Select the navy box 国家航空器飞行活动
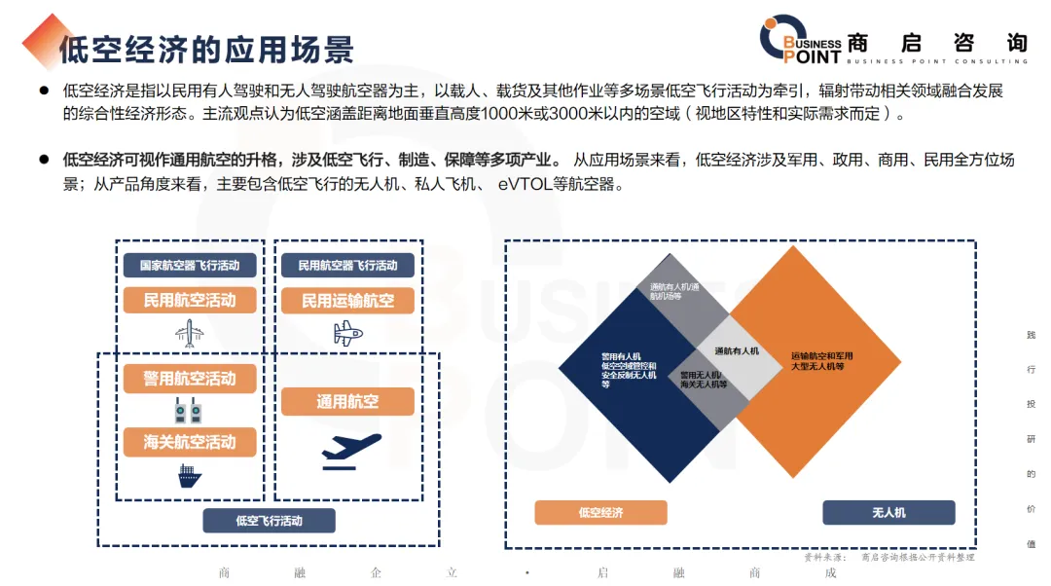click(x=190, y=265)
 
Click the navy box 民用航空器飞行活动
click(x=347, y=265)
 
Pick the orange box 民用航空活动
click(x=190, y=300)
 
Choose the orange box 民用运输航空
click(x=347, y=301)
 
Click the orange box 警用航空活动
click(x=190, y=379)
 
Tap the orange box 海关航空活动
click(x=190, y=442)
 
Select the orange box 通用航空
click(x=347, y=401)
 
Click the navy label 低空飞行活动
click(x=269, y=521)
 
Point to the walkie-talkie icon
click(x=189, y=410)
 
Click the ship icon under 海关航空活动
click(x=189, y=476)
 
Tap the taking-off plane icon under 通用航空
click(x=350, y=451)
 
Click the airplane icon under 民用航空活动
click(x=189, y=333)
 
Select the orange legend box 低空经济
click(x=600, y=512)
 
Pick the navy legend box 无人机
click(x=888, y=512)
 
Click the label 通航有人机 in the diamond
click(x=737, y=350)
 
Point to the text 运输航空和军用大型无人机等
click(x=822, y=361)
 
